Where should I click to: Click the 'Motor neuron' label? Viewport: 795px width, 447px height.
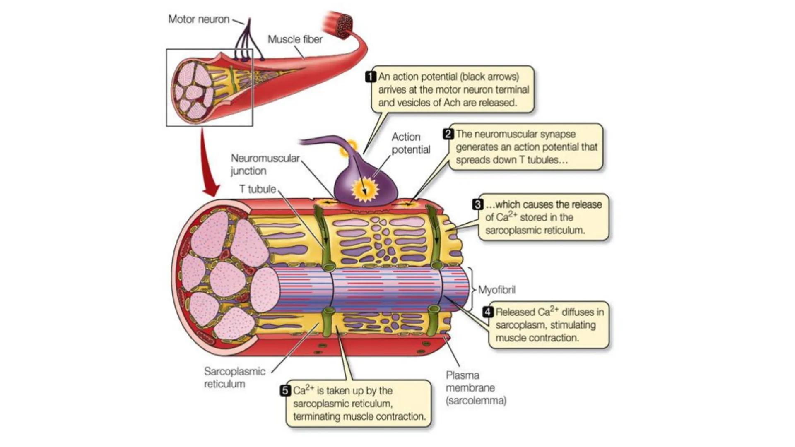click(x=198, y=19)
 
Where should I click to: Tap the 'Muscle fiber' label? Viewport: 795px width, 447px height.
click(x=295, y=40)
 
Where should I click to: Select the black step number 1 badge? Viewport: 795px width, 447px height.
click(x=371, y=77)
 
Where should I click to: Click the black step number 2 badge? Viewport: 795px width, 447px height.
click(x=448, y=134)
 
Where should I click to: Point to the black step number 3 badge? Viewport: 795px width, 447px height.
click(x=478, y=204)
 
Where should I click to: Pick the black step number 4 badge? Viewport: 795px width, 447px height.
click(x=488, y=312)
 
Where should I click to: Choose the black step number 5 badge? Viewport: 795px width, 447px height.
click(x=285, y=391)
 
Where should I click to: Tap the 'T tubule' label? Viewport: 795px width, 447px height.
click(x=257, y=189)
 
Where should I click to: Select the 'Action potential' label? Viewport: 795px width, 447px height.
click(x=411, y=143)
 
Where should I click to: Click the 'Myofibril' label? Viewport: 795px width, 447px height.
click(x=497, y=290)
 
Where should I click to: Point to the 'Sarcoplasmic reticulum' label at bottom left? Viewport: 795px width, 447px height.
click(x=234, y=377)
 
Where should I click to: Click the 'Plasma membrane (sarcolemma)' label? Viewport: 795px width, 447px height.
click(x=475, y=388)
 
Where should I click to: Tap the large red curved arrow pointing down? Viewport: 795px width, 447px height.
click(x=209, y=166)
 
